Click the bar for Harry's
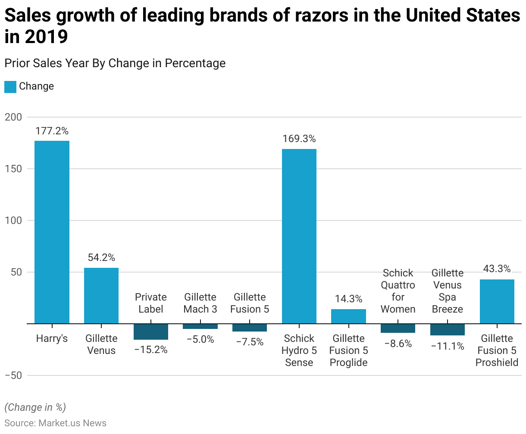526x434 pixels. point(52,232)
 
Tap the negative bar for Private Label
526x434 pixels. point(151,332)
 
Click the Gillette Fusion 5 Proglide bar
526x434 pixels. point(348,316)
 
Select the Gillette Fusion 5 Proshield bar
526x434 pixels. point(497,301)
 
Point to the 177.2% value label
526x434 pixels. point(52,131)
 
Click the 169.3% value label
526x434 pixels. point(299,139)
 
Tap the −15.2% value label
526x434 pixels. point(151,350)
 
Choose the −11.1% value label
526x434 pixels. point(448,346)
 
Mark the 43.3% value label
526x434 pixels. point(497,269)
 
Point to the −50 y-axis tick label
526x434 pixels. point(13,375)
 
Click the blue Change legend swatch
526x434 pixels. point(10,87)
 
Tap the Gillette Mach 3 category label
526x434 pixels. point(200,303)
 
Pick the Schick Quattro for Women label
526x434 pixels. point(398,291)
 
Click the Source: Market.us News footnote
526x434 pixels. point(55,423)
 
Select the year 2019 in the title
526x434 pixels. point(47,37)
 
